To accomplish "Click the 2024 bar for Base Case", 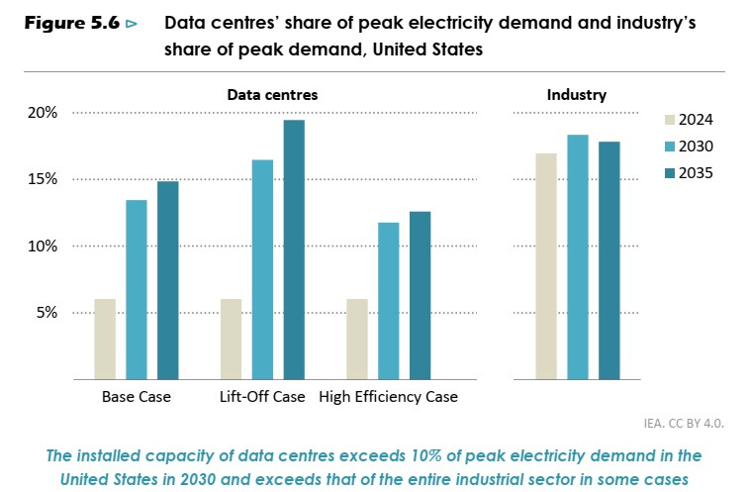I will tap(105, 339).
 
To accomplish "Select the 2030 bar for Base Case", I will tap(137, 289).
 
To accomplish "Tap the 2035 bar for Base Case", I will tap(168, 280).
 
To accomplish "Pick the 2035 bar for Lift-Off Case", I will tap(294, 249).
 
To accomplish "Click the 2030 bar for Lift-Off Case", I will tap(262, 269).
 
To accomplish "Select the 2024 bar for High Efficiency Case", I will tap(357, 339).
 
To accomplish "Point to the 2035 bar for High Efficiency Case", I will tap(421, 295).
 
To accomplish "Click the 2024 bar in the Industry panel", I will tap(546, 266).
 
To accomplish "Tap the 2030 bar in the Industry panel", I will tap(578, 256).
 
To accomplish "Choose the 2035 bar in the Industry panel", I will tap(609, 260).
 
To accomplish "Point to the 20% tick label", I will tap(43, 113).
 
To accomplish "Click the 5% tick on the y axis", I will tap(47, 313).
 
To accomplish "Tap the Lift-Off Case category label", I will tap(262, 397).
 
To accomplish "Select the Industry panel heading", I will tap(577, 95).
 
